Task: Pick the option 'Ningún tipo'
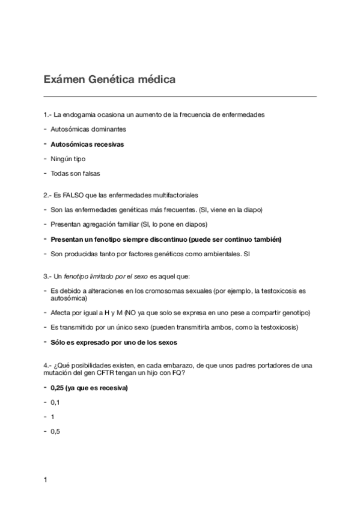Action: (68, 159)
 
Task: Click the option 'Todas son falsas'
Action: (75, 174)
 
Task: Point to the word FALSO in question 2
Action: (81, 195)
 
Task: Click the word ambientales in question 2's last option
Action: (216, 254)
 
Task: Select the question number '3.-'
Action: (48, 275)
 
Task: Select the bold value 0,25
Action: (59, 387)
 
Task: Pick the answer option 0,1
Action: (55, 402)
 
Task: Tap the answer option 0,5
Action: (55, 431)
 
